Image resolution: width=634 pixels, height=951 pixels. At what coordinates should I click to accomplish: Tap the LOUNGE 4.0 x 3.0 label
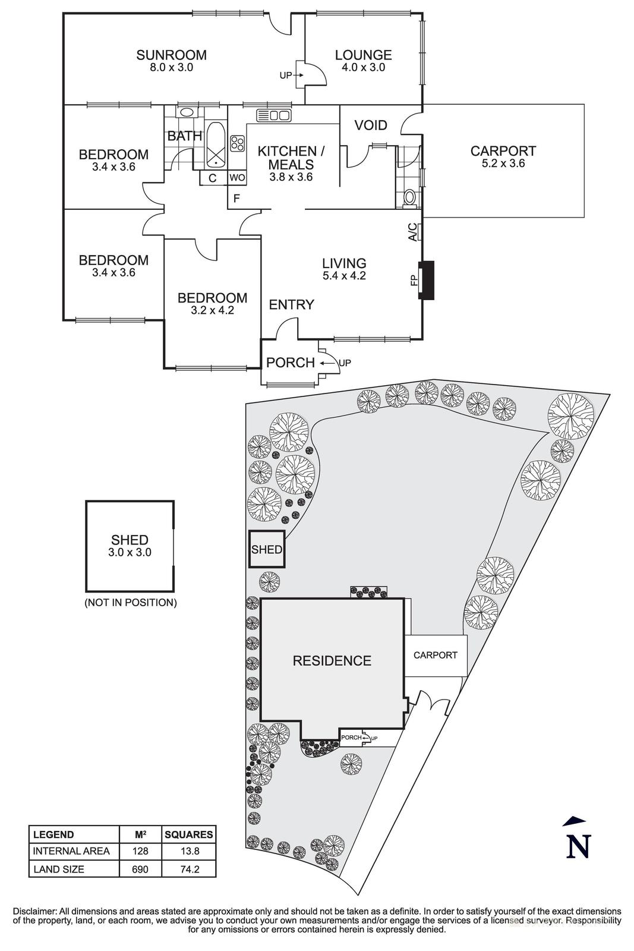point(363,61)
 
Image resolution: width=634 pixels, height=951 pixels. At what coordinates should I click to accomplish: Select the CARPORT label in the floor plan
point(503,156)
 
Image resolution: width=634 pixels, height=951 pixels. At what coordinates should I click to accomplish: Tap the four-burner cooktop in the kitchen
point(238,143)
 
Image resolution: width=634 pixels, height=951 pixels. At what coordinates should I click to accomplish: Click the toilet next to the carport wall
point(409,197)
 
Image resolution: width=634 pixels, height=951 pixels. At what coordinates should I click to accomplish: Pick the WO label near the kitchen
point(236,178)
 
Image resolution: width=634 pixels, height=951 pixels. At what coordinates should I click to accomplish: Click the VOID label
point(371,125)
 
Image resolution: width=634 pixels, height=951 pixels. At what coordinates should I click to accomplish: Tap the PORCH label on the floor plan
point(291,363)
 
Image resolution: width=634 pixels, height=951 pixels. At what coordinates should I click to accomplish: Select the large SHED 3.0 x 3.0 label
point(130,545)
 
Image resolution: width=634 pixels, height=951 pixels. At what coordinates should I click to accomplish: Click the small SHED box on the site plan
point(266,549)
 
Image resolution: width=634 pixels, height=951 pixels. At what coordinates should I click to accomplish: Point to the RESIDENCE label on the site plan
point(332,661)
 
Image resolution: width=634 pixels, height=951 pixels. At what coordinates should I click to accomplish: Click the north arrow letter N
point(578,846)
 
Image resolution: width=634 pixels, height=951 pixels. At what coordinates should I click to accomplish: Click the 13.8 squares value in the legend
point(188,851)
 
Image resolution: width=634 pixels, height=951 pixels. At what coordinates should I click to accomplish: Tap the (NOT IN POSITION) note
point(130,602)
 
